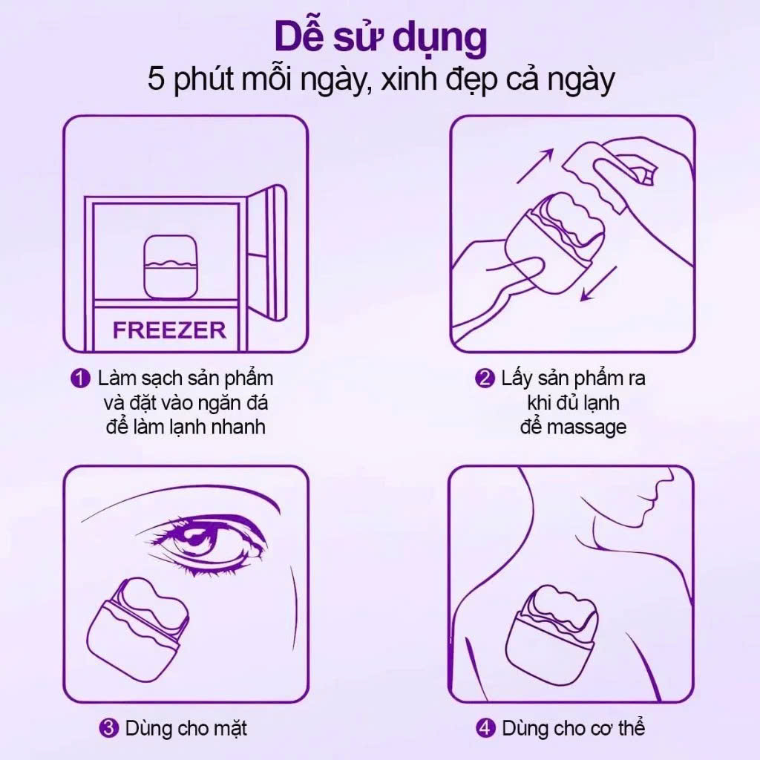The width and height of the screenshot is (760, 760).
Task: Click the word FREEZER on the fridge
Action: [x=169, y=330]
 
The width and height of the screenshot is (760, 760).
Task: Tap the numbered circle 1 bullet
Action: [x=80, y=379]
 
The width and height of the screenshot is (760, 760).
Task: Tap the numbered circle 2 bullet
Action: [x=484, y=379]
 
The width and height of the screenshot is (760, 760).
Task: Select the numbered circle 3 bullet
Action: [x=108, y=728]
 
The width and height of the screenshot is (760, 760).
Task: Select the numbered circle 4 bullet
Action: [x=485, y=728]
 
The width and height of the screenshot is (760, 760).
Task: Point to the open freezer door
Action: [x=267, y=245]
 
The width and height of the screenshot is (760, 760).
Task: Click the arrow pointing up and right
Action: [x=536, y=165]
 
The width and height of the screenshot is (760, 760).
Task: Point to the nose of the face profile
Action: [x=646, y=490]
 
